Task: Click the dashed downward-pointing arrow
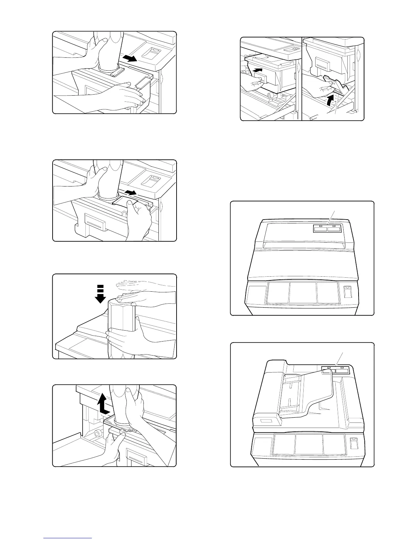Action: click(x=100, y=294)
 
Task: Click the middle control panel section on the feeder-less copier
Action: click(x=302, y=292)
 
